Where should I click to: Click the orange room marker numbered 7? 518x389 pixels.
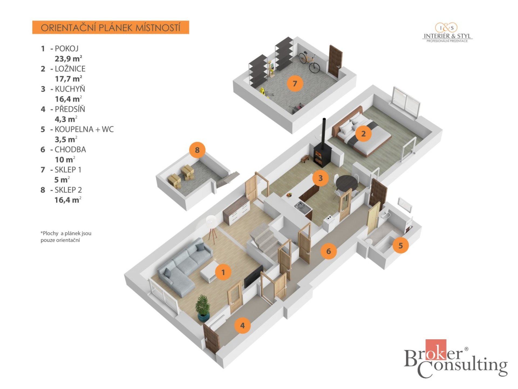[295, 83]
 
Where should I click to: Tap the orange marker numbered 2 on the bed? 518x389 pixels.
[363, 133]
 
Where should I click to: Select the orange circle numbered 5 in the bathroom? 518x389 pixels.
[401, 245]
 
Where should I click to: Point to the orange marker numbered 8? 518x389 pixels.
[197, 150]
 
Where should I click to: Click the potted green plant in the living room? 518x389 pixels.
[203, 308]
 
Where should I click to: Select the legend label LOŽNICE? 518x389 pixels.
[70, 69]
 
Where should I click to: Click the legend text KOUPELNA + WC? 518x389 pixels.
[84, 129]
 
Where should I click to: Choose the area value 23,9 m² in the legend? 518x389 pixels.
[69, 58]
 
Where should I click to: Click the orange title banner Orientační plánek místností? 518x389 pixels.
[111, 27]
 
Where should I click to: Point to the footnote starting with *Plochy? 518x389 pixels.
[66, 237]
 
